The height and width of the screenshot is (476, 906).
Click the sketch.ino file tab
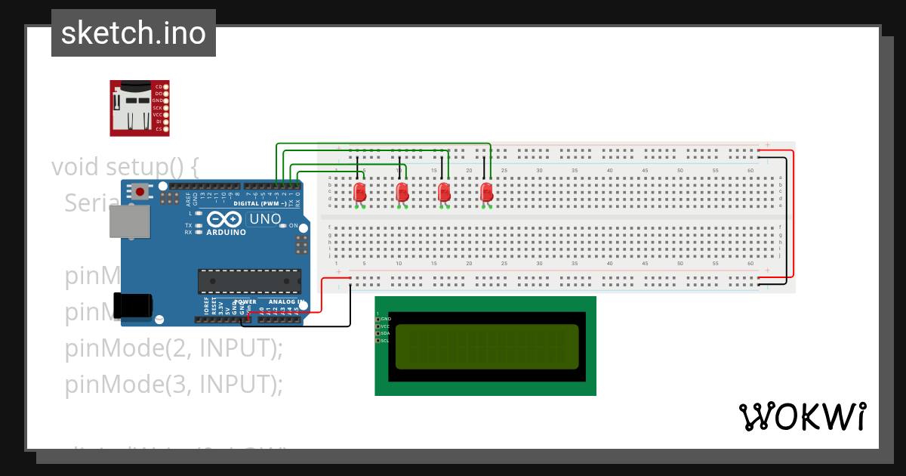pyautogui.click(x=134, y=33)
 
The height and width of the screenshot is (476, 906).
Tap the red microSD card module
pyautogui.click(x=139, y=108)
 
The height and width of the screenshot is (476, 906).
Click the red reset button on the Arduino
pyautogui.click(x=140, y=192)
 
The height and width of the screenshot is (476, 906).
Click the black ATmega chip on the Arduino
pyautogui.click(x=249, y=280)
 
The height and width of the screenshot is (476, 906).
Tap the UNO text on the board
pyautogui.click(x=265, y=219)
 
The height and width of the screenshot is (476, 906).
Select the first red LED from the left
pyautogui.click(x=360, y=192)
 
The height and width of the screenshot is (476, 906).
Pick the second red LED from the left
pyautogui.click(x=402, y=192)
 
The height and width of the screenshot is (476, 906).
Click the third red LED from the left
pyautogui.click(x=445, y=192)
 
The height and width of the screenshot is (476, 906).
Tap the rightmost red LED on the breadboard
pyautogui.click(x=487, y=192)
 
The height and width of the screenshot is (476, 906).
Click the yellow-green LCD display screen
pyautogui.click(x=486, y=346)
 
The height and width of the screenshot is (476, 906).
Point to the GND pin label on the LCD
pyautogui.click(x=385, y=319)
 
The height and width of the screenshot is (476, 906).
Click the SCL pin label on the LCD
pyautogui.click(x=385, y=341)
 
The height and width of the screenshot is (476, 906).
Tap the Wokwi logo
pyautogui.click(x=802, y=417)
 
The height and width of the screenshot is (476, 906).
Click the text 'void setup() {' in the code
pyautogui.click(x=125, y=166)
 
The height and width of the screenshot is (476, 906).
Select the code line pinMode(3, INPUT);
pyautogui.click(x=174, y=385)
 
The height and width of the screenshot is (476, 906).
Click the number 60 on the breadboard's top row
pyautogui.click(x=750, y=171)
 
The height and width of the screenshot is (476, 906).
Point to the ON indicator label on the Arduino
pyautogui.click(x=293, y=225)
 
